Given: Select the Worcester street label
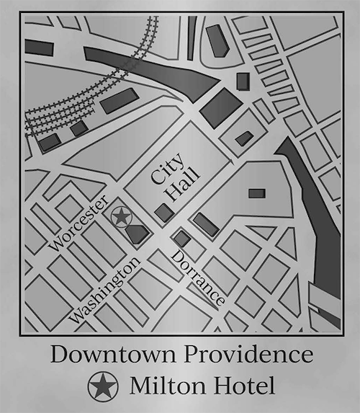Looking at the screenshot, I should point(80,223).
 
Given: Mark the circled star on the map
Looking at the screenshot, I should point(121,216).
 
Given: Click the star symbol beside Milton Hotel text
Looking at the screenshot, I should point(103,387).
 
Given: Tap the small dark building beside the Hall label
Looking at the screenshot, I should point(164,212).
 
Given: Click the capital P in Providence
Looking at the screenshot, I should point(196,355).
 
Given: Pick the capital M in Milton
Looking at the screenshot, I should point(139,386).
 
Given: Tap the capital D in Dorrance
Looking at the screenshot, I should point(176,256).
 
